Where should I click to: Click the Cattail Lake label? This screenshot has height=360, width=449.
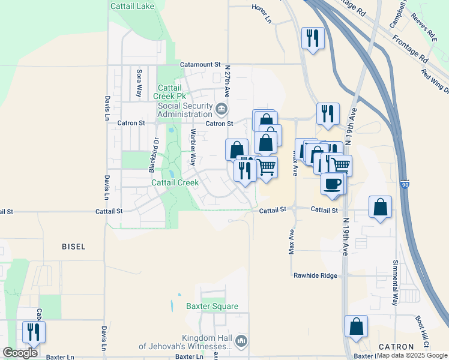point(133,7)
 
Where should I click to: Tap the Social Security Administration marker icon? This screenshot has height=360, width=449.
point(222,110)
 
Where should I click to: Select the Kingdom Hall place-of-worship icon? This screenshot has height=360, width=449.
point(241,341)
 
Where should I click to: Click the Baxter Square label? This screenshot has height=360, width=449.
point(212,306)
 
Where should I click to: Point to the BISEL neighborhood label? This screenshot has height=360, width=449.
point(73,247)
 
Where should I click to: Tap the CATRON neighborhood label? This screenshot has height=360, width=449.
point(396,347)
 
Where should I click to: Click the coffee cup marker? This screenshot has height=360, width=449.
point(333,184)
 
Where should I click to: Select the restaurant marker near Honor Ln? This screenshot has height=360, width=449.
point(313,38)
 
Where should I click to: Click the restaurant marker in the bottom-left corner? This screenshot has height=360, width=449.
point(33,332)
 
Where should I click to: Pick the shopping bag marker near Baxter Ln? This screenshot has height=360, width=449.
point(357,327)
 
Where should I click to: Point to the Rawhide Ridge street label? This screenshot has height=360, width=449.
point(316,275)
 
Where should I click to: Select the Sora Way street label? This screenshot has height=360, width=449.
point(139,83)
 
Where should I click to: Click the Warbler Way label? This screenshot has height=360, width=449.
point(193,147)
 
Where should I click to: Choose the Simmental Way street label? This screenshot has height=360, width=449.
point(395,291)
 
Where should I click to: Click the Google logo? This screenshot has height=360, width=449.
point(20,353)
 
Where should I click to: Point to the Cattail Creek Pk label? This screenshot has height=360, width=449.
point(172,92)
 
